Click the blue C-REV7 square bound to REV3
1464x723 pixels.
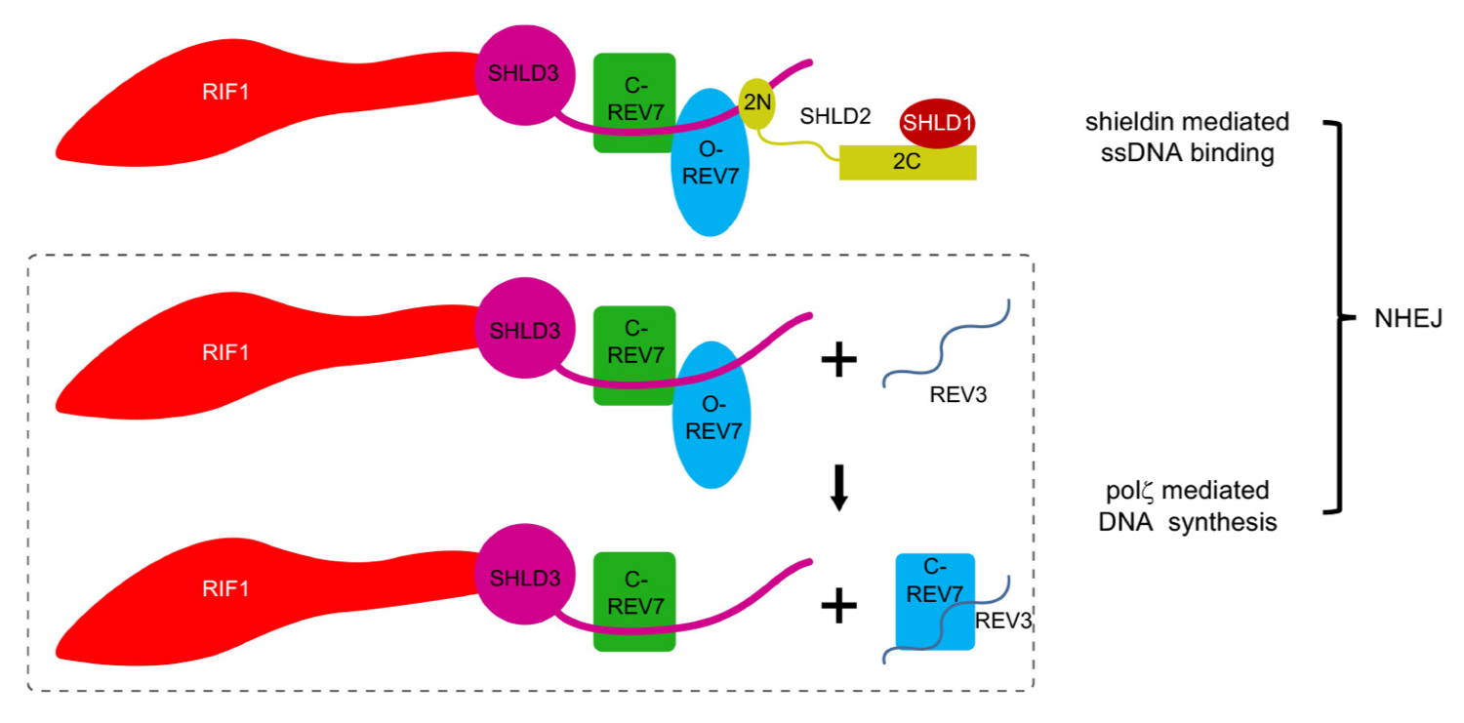pos(934,601)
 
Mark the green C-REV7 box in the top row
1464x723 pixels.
pos(634,102)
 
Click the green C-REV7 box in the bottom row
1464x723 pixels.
pos(634,602)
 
